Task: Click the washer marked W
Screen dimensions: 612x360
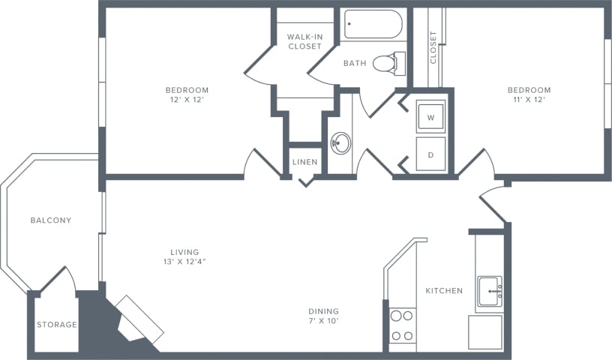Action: coord(431,117)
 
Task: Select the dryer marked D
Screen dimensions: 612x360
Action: coord(431,154)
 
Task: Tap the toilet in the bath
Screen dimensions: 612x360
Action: coord(389,63)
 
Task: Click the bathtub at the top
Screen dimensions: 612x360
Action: coord(373,24)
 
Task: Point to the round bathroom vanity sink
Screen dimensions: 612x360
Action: coord(340,143)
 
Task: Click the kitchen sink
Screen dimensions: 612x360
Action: coord(490,291)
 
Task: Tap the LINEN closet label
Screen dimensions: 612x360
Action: coord(305,162)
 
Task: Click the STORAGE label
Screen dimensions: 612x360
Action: coord(57,325)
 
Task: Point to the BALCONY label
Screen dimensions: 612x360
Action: coord(51,220)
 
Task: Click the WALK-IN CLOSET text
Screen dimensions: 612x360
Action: coord(304,41)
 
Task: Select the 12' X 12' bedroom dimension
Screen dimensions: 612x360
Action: coord(187,100)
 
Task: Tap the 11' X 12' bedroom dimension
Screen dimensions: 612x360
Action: coord(529,100)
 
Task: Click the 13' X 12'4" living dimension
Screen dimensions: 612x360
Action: coord(184,262)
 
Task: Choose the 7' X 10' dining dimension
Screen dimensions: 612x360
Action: coord(323,321)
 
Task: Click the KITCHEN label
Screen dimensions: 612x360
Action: coord(444,290)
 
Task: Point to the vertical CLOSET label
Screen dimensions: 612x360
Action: coord(433,48)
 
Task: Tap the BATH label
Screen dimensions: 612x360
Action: coord(355,63)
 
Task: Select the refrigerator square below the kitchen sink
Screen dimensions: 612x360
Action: coord(485,332)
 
